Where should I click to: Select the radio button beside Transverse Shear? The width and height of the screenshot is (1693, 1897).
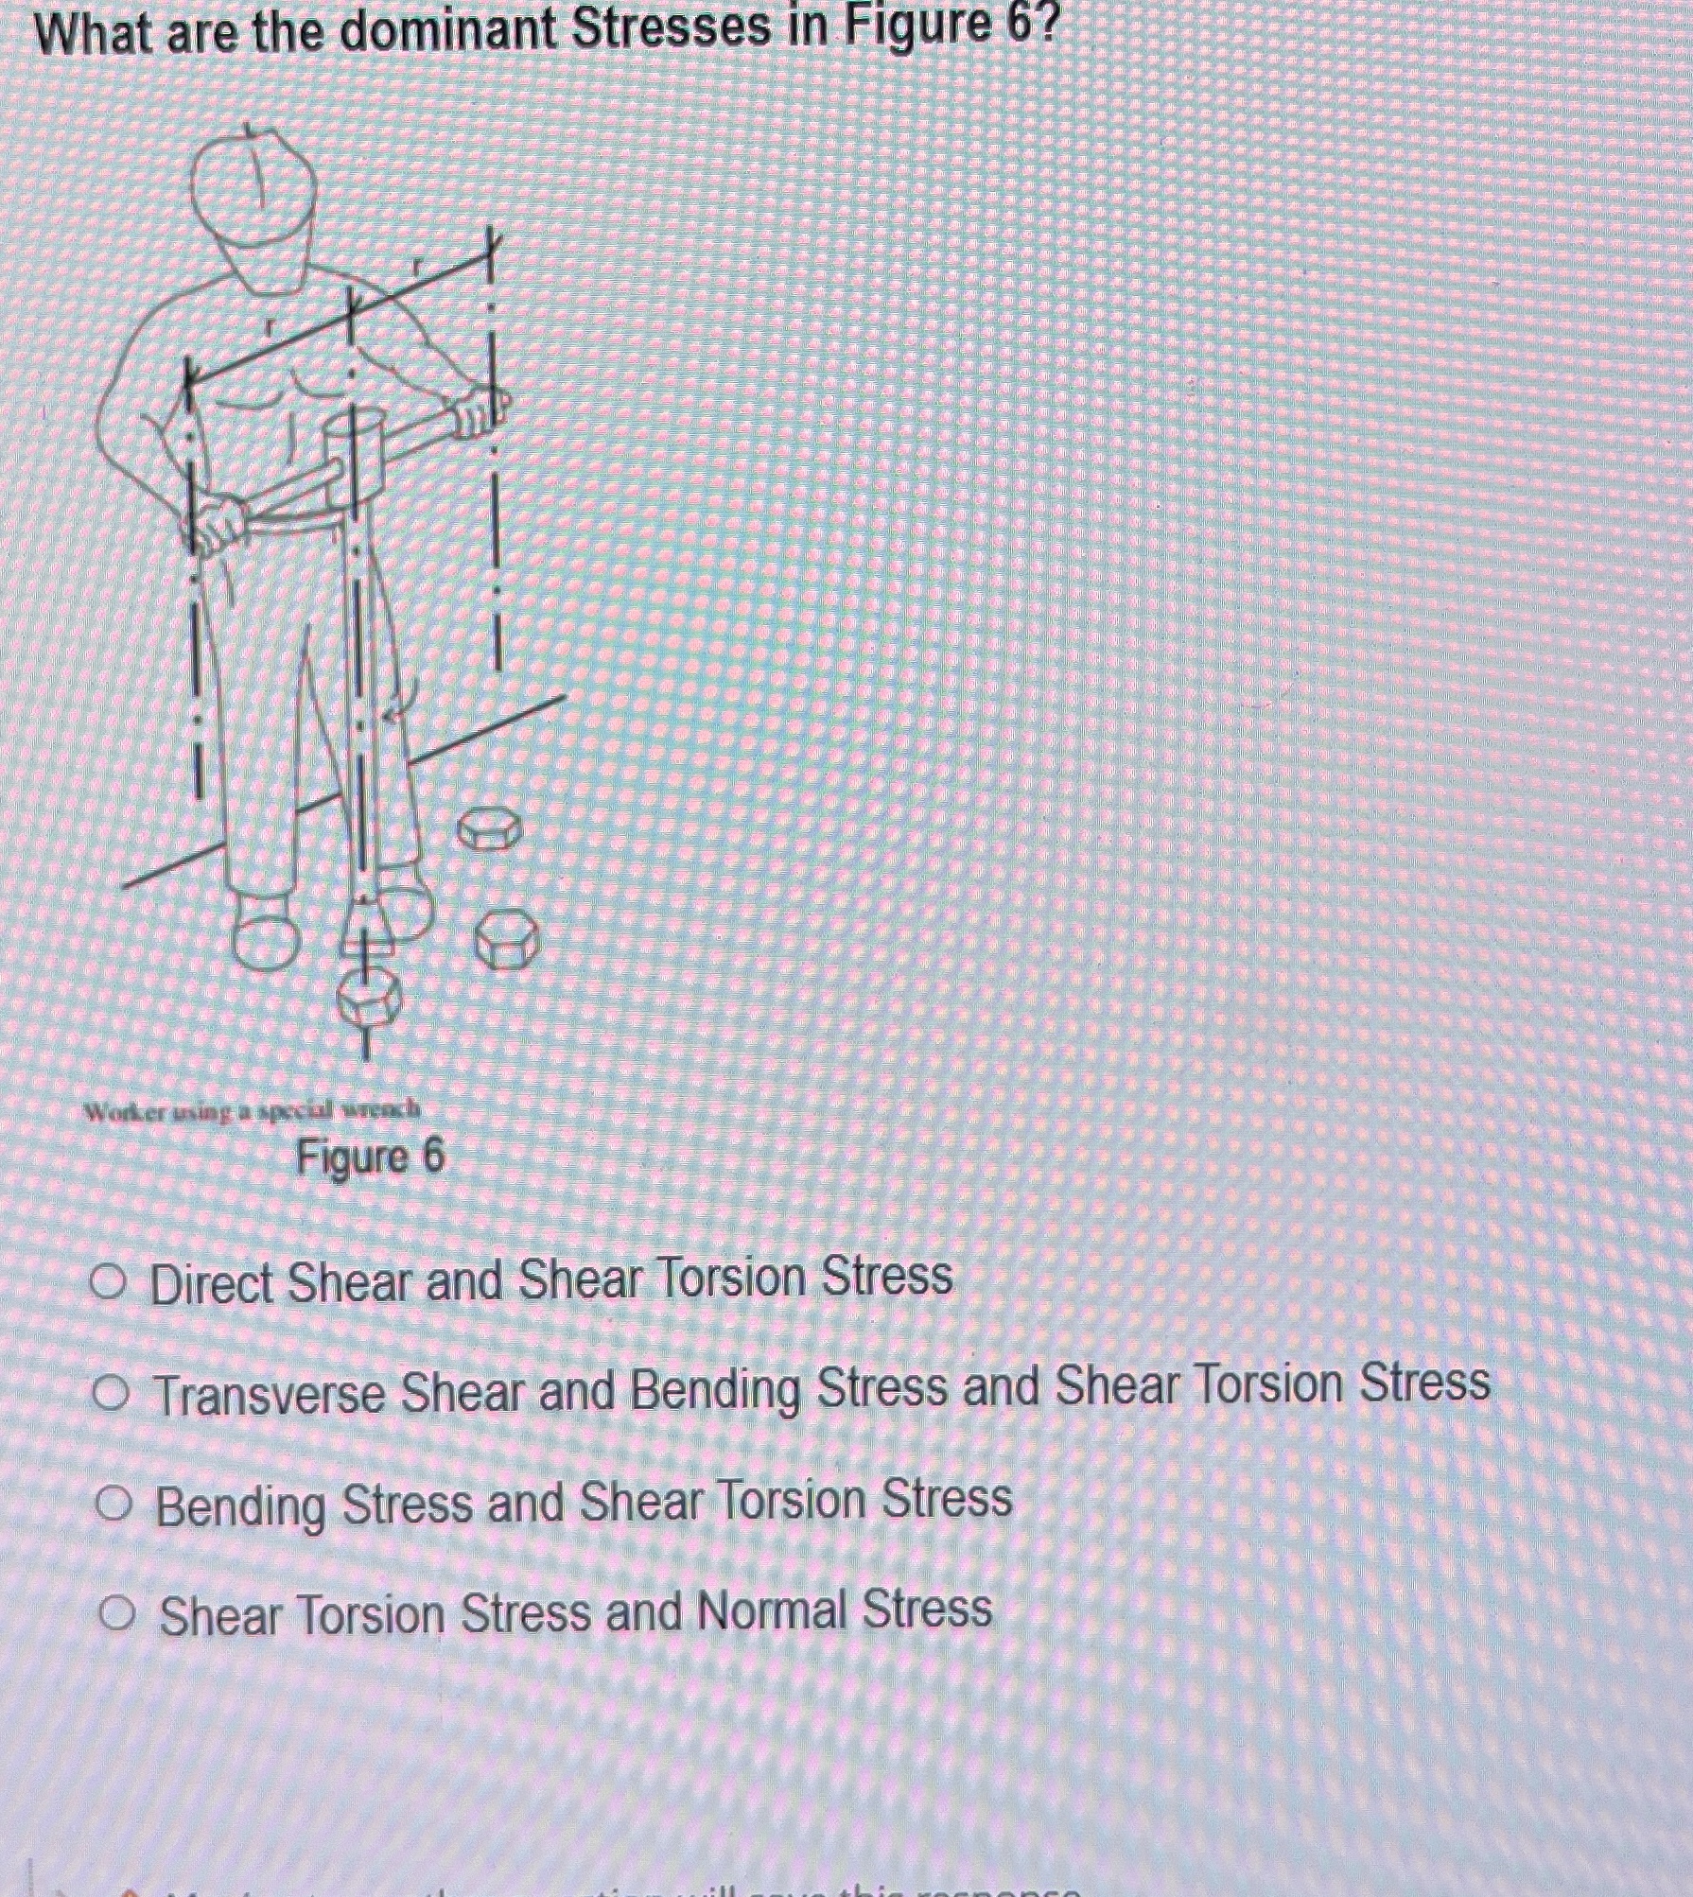point(112,1393)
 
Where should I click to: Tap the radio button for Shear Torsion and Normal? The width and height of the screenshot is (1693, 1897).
point(117,1613)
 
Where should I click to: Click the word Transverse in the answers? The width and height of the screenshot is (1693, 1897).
point(270,1394)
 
